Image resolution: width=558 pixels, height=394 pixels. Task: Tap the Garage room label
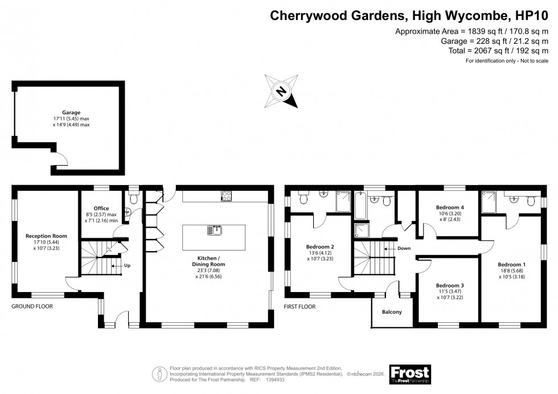71,113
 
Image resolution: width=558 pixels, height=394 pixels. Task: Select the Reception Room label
47,236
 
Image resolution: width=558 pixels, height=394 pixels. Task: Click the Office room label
101,208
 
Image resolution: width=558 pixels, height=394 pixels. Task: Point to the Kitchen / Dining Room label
208,265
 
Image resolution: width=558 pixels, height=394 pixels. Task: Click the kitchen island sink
214,230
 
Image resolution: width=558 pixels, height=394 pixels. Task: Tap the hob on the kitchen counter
226,196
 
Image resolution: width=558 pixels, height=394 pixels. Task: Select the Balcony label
392,311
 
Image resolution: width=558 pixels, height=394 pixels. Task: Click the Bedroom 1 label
512,264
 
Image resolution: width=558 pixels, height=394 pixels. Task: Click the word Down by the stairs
404,248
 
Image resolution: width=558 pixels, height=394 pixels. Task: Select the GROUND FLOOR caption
32,306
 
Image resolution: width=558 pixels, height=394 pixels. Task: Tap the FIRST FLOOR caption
299,306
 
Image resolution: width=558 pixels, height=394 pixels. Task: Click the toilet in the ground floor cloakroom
134,198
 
